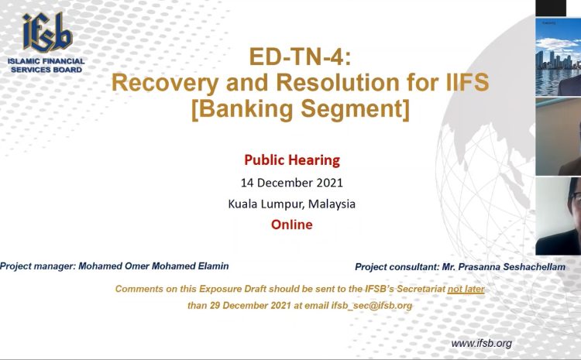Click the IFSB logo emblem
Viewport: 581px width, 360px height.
[47, 33]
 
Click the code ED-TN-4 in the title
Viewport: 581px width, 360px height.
[300, 57]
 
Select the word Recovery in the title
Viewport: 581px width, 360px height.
[165, 83]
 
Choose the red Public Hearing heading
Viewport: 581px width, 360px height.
[292, 160]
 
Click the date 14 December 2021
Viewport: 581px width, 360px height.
[292, 183]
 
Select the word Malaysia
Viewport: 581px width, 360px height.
[332, 204]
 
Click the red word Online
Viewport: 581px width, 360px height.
[291, 225]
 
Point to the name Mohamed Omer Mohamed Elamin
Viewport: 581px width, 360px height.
[153, 266]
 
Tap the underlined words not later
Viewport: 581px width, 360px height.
[466, 289]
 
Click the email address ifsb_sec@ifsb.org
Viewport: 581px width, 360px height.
[372, 306]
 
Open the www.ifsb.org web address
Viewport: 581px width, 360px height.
[481, 343]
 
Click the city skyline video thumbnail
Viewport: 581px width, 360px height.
[558, 57]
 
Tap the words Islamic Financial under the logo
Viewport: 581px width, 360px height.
[46, 61]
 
